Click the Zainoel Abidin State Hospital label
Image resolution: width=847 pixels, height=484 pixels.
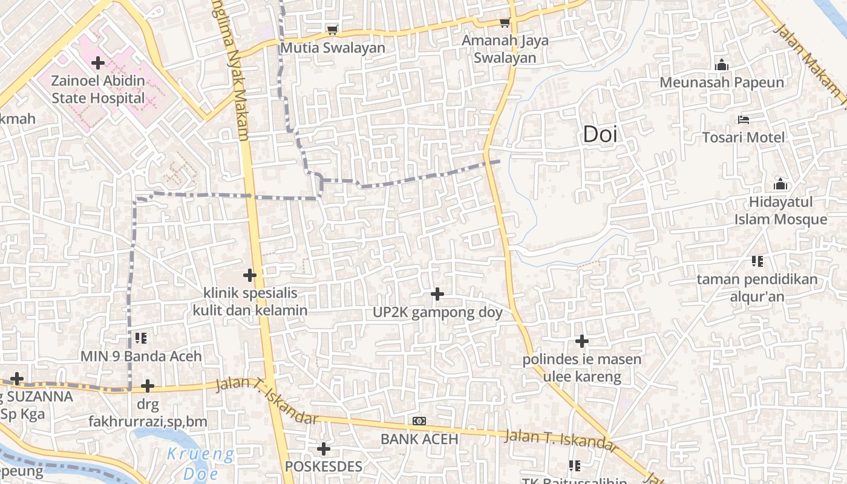click(98, 90)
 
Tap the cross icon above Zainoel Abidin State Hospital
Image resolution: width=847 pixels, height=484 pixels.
click(97, 62)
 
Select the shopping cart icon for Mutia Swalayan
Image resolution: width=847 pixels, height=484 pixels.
click(332, 30)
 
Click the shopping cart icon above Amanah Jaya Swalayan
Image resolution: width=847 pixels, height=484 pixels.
click(505, 23)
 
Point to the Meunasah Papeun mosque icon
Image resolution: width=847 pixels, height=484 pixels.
click(721, 65)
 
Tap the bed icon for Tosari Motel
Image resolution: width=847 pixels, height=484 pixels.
click(744, 120)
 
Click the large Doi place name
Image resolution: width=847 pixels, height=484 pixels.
click(600, 134)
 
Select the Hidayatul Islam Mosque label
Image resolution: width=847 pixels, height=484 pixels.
click(780, 211)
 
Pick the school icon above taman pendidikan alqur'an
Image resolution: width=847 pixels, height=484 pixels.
click(757, 261)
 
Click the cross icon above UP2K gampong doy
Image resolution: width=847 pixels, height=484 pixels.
click(437, 295)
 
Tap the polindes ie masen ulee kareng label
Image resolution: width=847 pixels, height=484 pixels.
click(582, 368)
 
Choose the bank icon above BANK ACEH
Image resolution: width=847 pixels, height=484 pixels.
click(419, 421)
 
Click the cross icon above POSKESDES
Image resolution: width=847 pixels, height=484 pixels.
click(324, 449)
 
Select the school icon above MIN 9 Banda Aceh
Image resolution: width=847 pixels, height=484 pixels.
click(141, 338)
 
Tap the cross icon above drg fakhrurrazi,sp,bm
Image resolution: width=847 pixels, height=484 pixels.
click(148, 386)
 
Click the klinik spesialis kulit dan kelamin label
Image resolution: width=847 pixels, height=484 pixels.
click(250, 302)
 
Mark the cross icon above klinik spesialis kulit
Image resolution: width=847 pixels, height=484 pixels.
click(249, 275)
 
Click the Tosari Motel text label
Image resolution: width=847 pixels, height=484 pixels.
click(744, 137)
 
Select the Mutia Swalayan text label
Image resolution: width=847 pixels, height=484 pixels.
click(332, 48)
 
